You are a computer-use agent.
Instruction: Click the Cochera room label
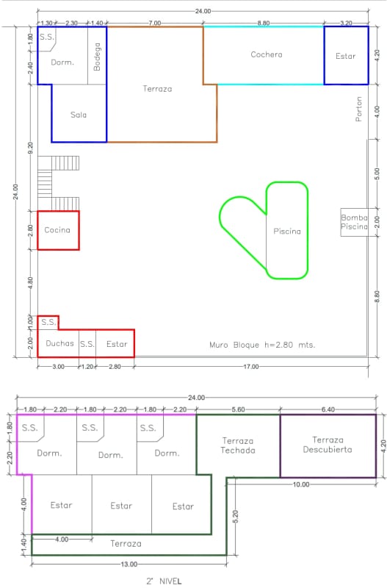(267, 54)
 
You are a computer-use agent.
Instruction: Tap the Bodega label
(97, 57)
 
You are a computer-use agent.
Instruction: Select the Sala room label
(79, 115)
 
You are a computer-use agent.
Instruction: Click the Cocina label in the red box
(57, 230)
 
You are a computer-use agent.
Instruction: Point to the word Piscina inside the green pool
(287, 232)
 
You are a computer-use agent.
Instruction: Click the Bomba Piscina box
(354, 222)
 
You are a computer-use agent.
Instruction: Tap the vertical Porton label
(359, 109)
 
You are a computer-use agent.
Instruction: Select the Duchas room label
(60, 343)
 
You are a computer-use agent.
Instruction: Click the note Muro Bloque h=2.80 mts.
(262, 345)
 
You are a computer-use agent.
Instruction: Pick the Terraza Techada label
(238, 445)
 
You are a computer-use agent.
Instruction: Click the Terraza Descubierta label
(328, 445)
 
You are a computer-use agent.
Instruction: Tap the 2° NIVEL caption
(164, 581)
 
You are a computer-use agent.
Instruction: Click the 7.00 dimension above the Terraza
(154, 24)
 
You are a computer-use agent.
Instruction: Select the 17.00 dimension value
(251, 366)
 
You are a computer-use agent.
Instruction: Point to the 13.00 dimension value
(129, 564)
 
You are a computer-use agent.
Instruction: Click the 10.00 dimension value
(301, 484)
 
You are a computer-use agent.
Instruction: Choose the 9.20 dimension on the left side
(30, 148)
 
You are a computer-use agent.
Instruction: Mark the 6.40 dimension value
(328, 409)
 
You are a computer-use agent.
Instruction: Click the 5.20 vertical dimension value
(235, 517)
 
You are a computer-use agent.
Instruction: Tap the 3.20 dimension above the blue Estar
(346, 24)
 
